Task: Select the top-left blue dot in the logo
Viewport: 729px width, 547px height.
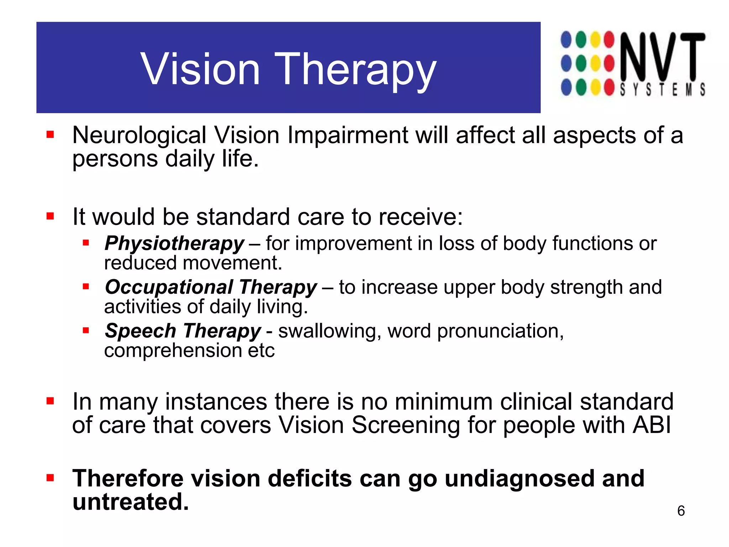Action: (566, 40)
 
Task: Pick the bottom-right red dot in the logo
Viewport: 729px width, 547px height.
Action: (609, 88)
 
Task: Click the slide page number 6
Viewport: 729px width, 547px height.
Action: (681, 511)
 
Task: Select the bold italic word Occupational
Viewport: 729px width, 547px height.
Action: (169, 287)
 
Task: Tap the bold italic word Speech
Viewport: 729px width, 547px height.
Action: (140, 331)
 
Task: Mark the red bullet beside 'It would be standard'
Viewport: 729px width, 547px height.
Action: (50, 216)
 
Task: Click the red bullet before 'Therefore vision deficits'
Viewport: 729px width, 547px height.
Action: (50, 478)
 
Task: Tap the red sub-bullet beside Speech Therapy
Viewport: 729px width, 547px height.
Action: (85, 330)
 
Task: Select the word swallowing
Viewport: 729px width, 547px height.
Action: (327, 331)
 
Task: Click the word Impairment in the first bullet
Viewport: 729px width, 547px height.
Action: (348, 135)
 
